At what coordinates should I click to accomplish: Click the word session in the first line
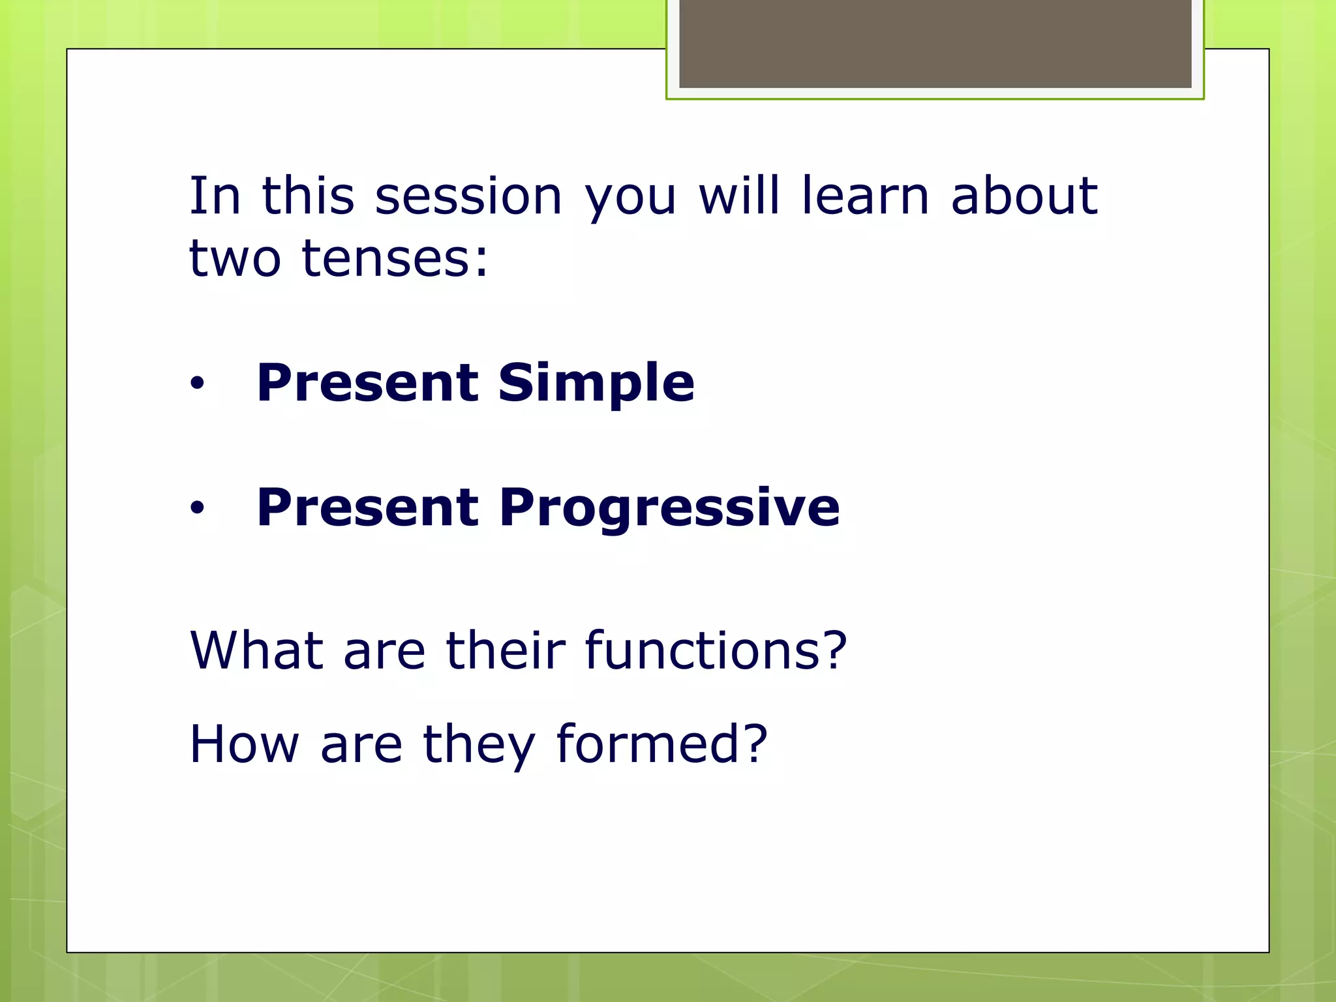coord(468,196)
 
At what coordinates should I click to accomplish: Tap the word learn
coord(864,196)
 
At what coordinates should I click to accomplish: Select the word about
coord(1024,196)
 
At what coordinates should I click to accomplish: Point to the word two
coord(235,259)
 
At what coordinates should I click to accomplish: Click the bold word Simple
coord(596,383)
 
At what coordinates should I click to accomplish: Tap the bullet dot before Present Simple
coord(197,384)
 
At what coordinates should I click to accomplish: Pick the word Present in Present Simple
coord(368,383)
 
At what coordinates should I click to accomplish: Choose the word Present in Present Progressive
coord(368,508)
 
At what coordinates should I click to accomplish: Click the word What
coord(256,650)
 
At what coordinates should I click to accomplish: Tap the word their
coord(506,650)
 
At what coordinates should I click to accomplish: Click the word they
coord(479,745)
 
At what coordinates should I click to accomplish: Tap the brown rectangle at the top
coord(935,43)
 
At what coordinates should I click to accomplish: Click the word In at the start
coord(214,196)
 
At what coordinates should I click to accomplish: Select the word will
coord(738,196)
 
